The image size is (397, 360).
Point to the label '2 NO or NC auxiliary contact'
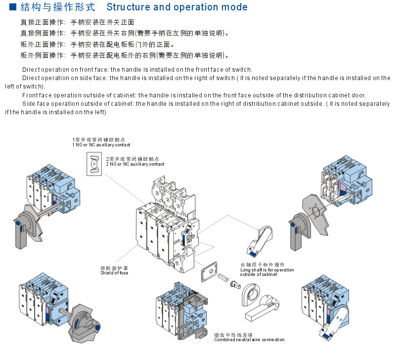(x=134, y=164)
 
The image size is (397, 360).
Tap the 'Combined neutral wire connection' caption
(x=249, y=340)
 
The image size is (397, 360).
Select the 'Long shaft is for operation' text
(x=267, y=270)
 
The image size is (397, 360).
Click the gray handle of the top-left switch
(x=23, y=228)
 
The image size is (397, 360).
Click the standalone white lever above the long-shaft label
(x=259, y=241)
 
